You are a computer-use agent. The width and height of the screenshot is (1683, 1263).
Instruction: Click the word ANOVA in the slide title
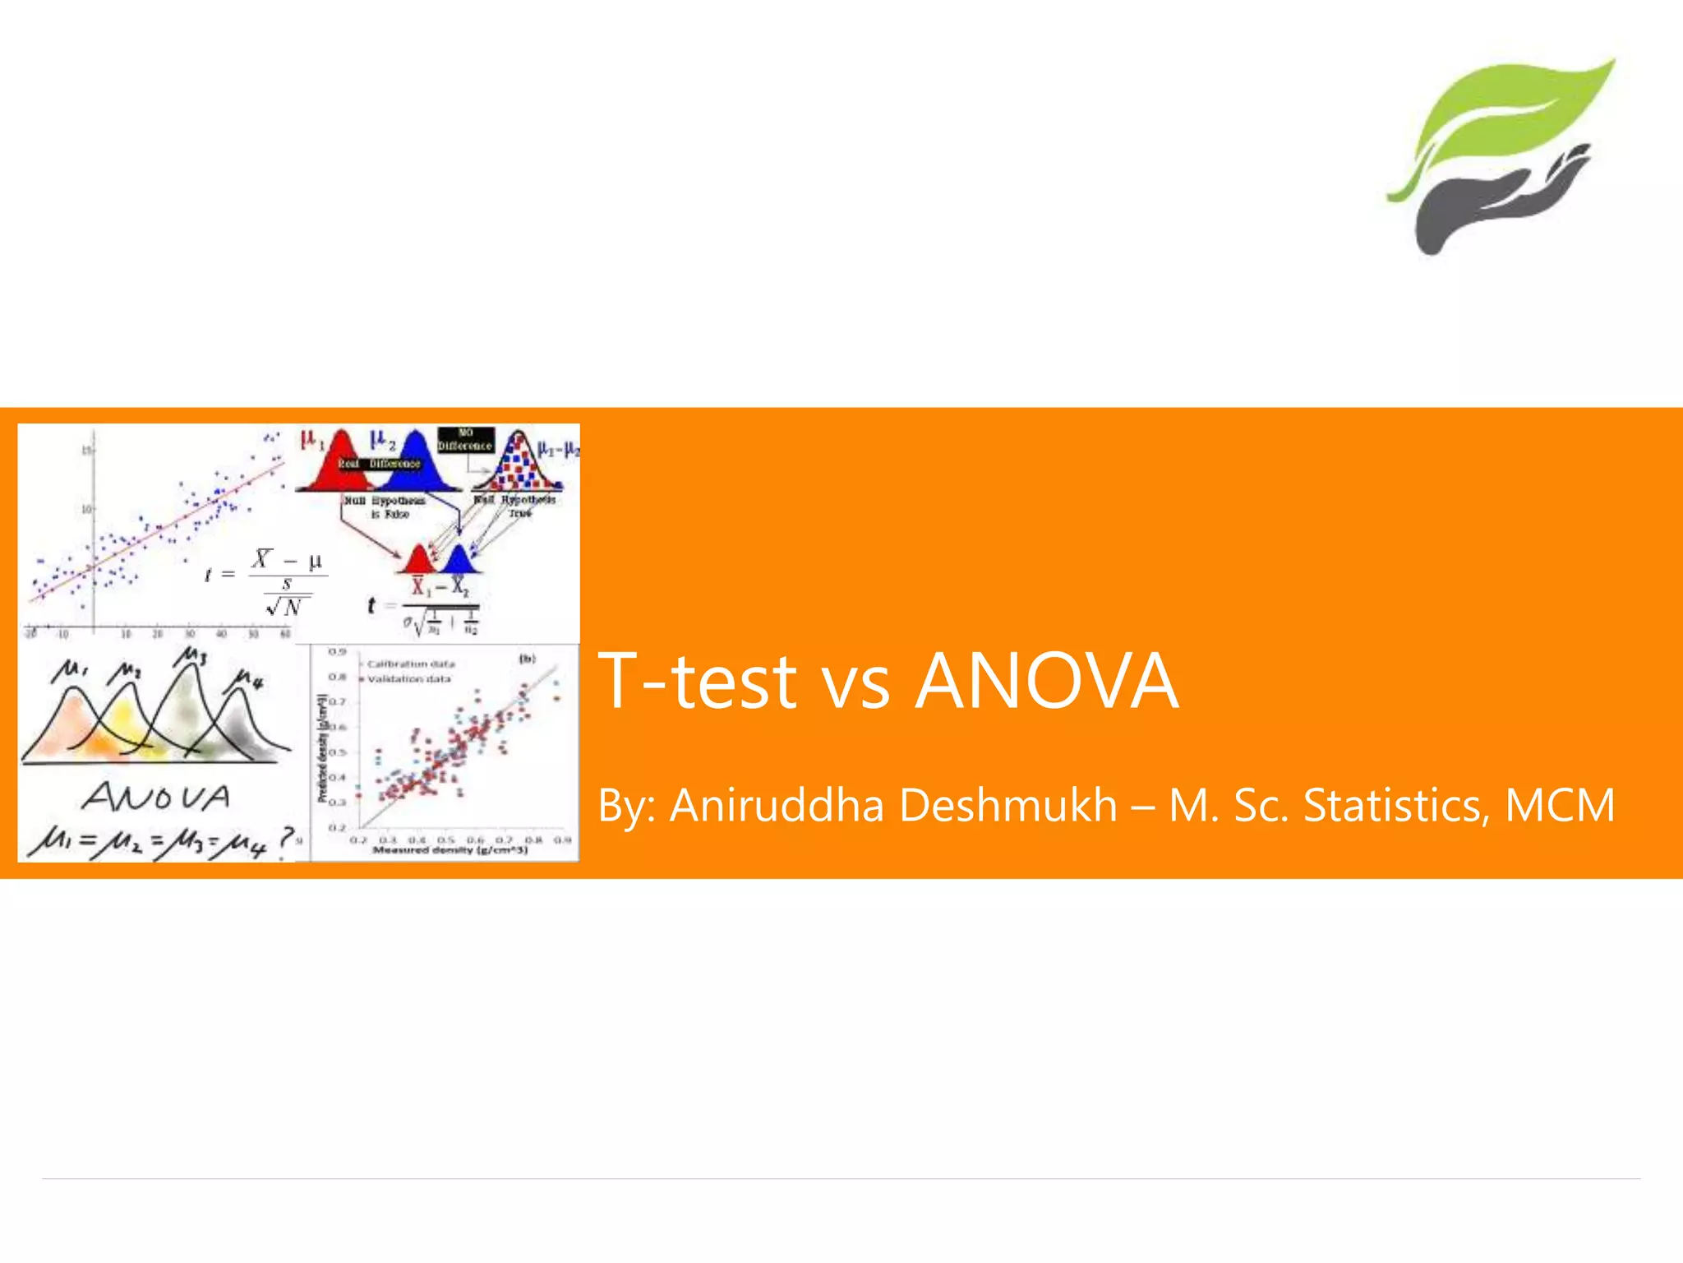coord(1047,681)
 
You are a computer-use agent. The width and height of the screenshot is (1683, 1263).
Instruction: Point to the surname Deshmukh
coord(1008,805)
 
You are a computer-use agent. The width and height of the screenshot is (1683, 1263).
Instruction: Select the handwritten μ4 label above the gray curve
coord(248,680)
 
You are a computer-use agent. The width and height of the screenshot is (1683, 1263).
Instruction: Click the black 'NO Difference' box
coord(465,439)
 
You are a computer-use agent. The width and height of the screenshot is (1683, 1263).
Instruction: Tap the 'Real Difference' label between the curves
coord(379,464)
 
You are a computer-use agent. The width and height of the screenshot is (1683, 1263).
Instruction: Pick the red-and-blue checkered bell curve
coord(519,465)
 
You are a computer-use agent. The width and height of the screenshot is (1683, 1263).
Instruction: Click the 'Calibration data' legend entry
coord(410,664)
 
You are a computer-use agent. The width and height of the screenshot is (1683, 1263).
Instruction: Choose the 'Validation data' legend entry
coord(408,679)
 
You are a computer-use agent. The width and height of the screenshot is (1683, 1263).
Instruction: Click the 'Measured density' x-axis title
coord(450,850)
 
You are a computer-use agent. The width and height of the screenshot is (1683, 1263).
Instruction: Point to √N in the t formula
coord(285,608)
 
